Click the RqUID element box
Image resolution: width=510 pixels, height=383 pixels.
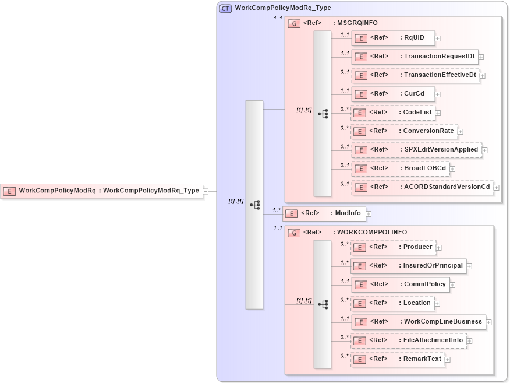(393, 38)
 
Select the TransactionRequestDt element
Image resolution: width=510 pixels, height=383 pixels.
(415, 57)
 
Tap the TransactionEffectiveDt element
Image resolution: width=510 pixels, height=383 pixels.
(415, 75)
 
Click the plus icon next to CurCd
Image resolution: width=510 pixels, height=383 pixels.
(437, 94)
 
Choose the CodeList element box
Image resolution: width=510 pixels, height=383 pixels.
(393, 113)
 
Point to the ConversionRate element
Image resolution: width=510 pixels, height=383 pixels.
(404, 131)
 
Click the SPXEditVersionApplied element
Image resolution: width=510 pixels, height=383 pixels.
(416, 150)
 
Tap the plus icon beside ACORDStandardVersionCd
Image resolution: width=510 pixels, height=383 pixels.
(497, 188)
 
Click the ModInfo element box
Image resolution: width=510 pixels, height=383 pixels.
(323, 213)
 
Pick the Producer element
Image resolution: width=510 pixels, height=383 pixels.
(393, 247)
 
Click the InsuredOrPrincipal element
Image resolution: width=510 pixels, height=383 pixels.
(408, 266)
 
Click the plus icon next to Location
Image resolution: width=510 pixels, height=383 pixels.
(437, 304)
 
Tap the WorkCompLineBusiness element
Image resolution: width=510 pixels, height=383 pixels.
(418, 322)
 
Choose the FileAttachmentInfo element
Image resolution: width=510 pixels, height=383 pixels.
(409, 340)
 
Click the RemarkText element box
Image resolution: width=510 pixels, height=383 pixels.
(397, 359)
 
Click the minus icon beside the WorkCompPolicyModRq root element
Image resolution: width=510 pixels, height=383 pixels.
(206, 191)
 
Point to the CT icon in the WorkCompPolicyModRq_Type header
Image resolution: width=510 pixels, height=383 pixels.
(225, 9)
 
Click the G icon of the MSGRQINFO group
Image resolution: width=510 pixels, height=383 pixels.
(295, 23)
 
